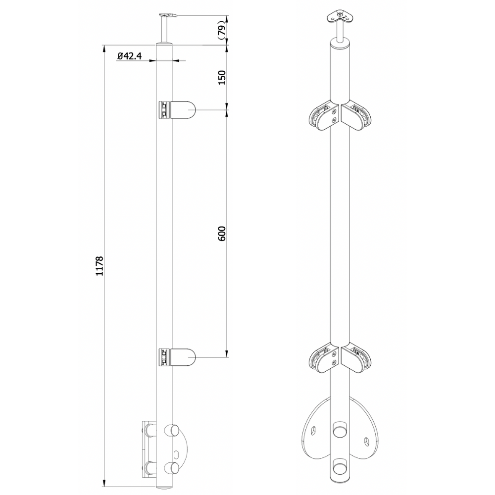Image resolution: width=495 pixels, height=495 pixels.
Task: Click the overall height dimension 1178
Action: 98,266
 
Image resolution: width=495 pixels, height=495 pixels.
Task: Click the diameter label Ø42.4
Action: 130,56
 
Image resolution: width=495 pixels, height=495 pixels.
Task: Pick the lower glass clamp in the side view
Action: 177,358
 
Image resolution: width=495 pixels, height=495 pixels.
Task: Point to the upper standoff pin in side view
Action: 170,430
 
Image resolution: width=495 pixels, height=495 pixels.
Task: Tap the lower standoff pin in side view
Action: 170,467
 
